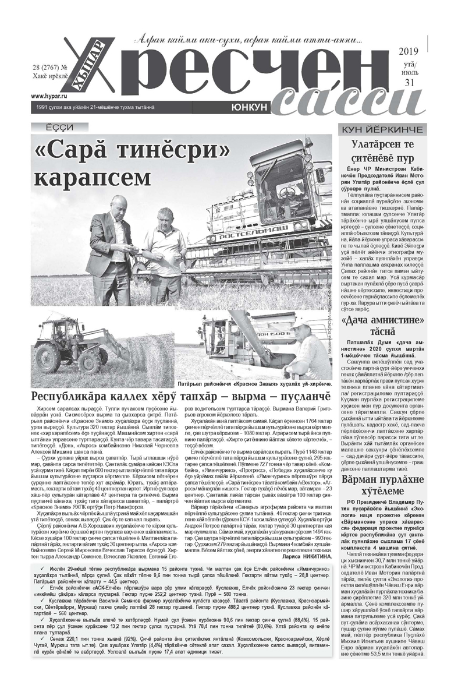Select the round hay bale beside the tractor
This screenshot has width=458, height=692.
(x=122, y=361)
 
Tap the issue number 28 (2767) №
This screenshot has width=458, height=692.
(x=50, y=68)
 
